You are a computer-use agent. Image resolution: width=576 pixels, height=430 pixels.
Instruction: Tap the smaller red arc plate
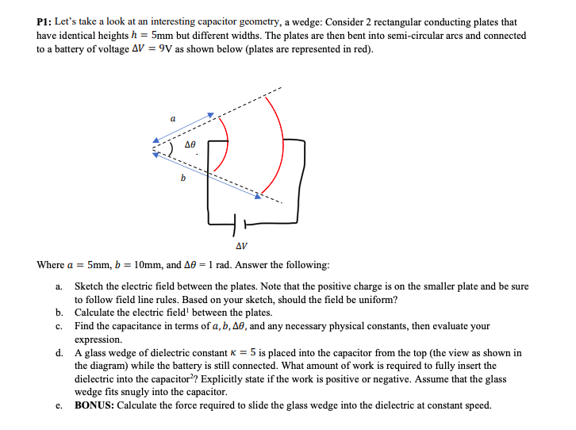coord(228,148)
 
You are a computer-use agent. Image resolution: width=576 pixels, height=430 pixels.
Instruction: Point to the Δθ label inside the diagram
coord(190,146)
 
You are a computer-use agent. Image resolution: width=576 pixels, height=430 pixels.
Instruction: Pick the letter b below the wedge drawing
coord(183,178)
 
